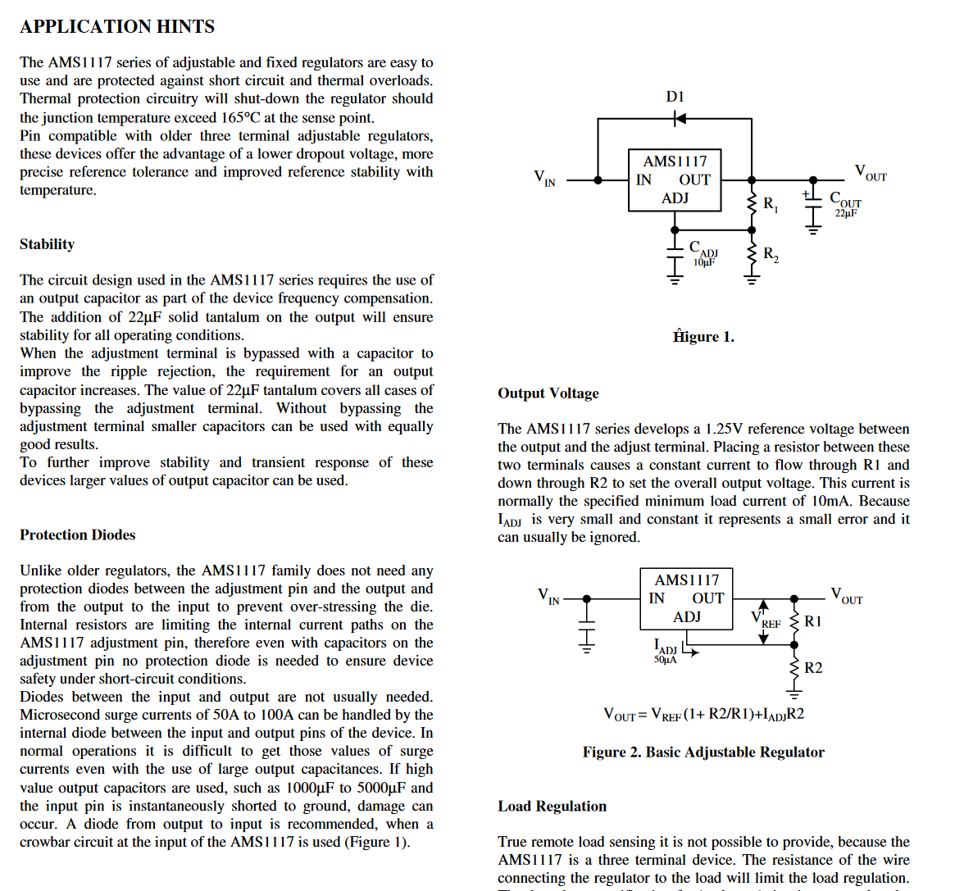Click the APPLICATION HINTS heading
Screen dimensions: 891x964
click(117, 27)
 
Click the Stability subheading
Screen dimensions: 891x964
click(47, 244)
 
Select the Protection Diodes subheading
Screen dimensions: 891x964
click(78, 535)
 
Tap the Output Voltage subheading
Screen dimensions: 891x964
click(548, 393)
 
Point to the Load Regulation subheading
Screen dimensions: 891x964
click(552, 807)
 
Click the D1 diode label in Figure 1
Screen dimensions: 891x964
click(675, 97)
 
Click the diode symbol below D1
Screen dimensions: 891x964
click(679, 119)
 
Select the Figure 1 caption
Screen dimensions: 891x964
click(703, 337)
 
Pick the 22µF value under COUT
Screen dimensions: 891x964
click(846, 214)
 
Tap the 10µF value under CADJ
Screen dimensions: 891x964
click(704, 262)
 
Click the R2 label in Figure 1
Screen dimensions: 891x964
click(771, 254)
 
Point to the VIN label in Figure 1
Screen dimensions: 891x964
click(544, 178)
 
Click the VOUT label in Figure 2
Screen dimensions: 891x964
click(846, 595)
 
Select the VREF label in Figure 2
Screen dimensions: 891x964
click(766, 620)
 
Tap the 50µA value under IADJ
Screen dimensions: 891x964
click(665, 660)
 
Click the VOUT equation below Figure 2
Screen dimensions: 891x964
click(703, 715)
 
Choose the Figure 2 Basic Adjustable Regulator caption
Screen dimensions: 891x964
click(703, 752)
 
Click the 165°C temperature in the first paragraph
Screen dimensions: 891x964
click(240, 118)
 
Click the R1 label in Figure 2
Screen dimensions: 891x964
click(812, 621)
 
